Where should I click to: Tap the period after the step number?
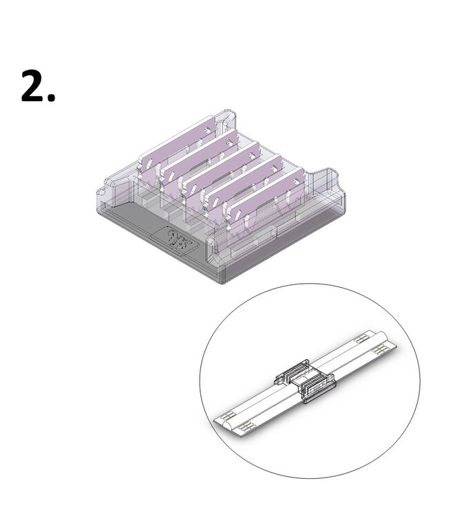point(50,98)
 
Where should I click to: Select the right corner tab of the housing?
point(325,179)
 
